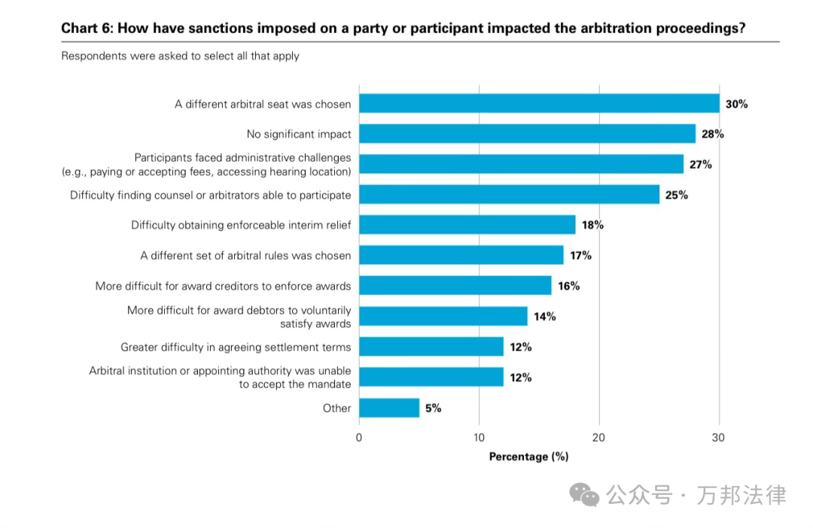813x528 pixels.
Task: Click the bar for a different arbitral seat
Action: coord(539,104)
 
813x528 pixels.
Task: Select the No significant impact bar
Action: coord(527,134)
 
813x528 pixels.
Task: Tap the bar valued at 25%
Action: coord(509,195)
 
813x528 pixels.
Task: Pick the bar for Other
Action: coord(389,408)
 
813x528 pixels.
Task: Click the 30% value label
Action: coord(737,104)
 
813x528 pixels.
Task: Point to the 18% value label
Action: coord(592,225)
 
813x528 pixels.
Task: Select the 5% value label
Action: coord(433,408)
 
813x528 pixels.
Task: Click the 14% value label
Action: coord(544,317)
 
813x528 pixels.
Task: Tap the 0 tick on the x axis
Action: coord(359,438)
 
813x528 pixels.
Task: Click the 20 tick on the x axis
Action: coord(599,438)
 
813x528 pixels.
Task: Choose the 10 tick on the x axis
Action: coord(480,438)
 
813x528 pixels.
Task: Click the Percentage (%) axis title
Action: coord(528,457)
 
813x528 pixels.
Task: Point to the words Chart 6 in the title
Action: coord(86,29)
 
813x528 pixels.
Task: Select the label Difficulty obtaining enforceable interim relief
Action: coord(241,225)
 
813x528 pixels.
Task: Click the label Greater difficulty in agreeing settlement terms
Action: coord(236,347)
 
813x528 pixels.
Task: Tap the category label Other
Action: coord(337,408)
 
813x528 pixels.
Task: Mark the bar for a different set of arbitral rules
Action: coord(461,256)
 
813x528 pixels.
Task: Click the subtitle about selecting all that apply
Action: coord(180,56)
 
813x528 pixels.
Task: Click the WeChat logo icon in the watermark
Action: coord(584,495)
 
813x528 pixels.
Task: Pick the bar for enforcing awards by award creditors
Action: coord(455,286)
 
